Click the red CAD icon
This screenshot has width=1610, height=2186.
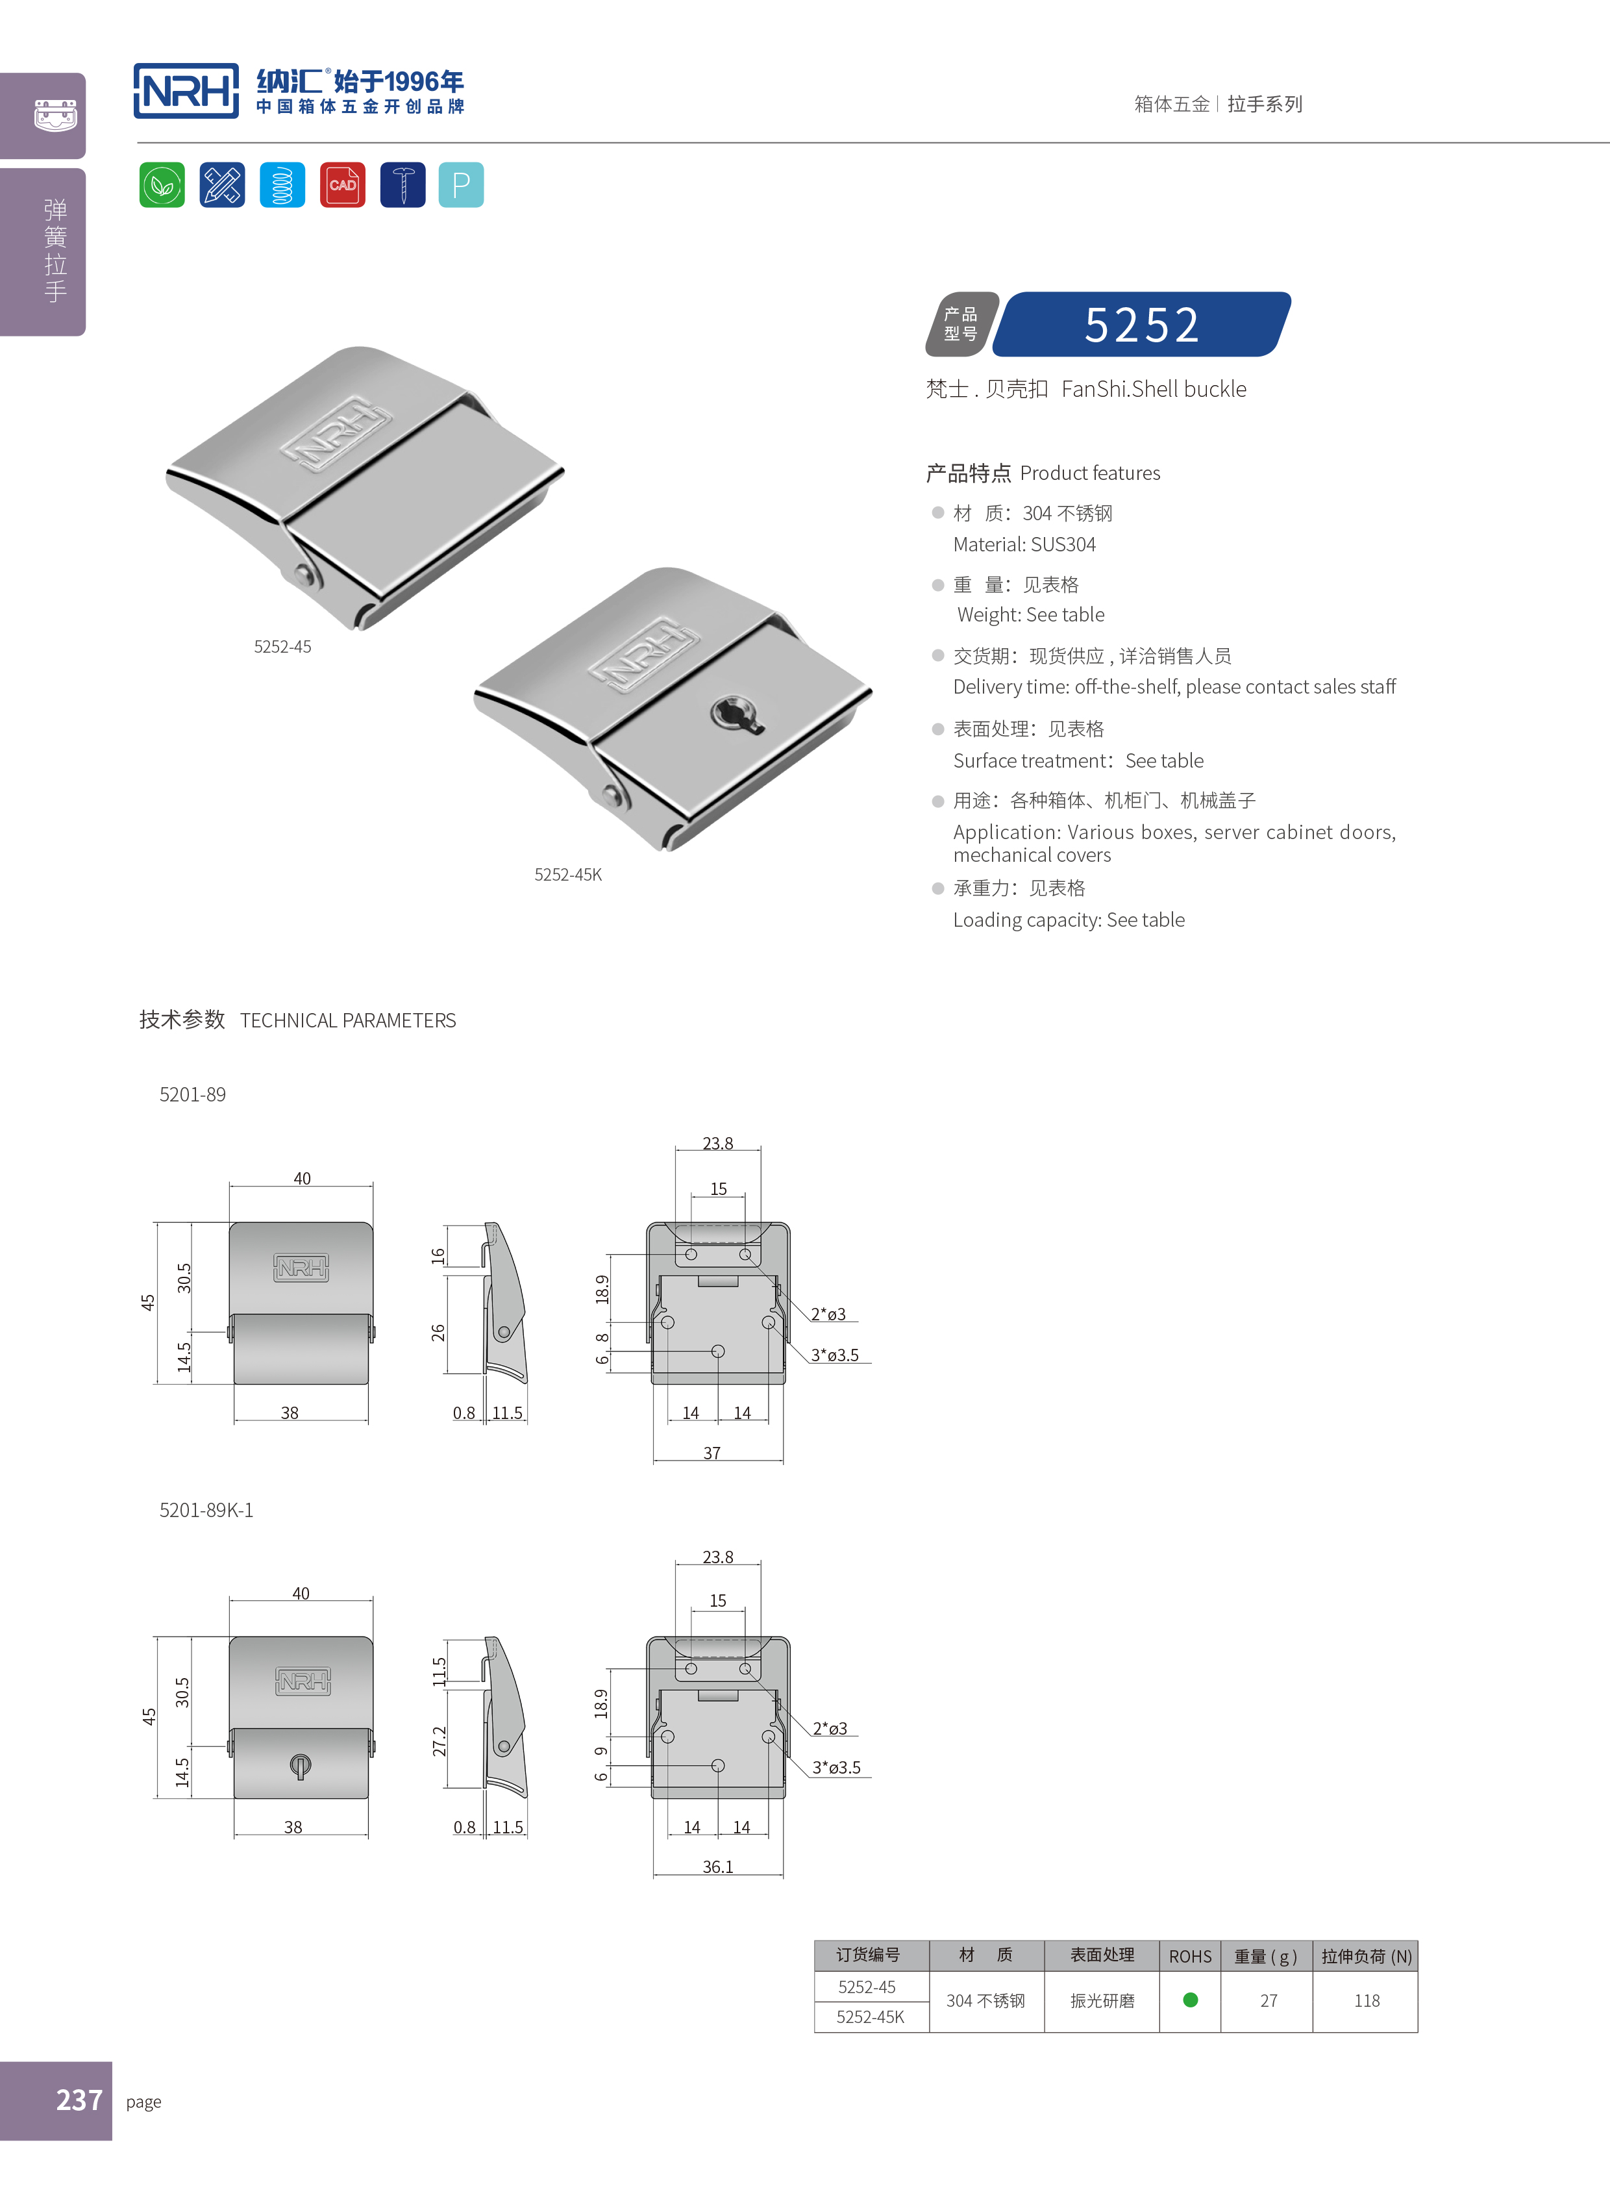342,185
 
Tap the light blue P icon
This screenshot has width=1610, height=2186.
461,185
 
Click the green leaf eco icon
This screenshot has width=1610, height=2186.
162,185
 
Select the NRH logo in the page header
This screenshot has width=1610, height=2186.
186,92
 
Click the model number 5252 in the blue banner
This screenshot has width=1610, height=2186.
1142,325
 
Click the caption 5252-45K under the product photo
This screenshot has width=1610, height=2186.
567,875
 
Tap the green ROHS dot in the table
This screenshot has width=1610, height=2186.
1190,2000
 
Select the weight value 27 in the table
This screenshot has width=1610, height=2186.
1268,2001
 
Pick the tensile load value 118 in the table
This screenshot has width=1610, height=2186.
1367,2001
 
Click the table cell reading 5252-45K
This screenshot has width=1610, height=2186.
871,2016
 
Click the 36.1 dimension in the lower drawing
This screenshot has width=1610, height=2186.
717,1866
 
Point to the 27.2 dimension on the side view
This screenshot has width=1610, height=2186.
440,1740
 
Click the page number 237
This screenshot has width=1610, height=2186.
79,2099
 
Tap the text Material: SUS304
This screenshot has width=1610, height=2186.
1024,544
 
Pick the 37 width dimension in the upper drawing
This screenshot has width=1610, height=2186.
712,1453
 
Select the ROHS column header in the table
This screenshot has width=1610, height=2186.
1190,1956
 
